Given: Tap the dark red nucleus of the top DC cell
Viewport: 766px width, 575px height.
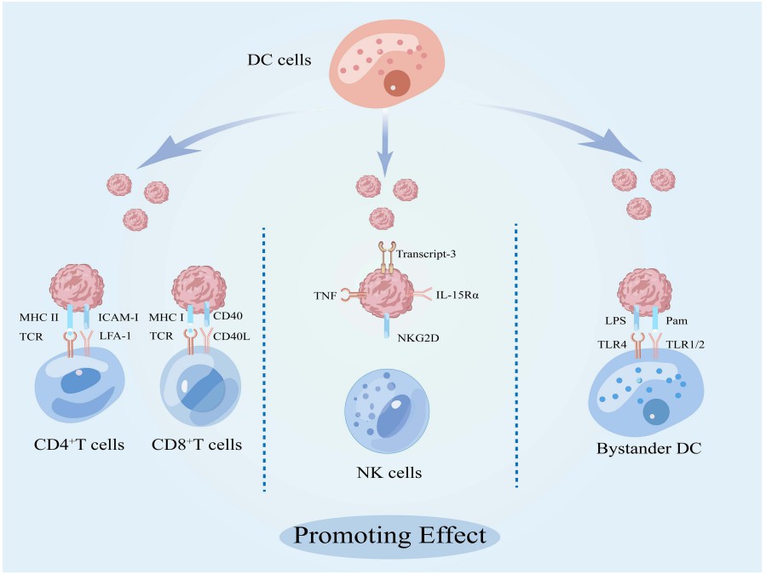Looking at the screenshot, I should click(396, 83).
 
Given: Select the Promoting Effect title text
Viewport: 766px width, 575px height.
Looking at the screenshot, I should click(390, 536).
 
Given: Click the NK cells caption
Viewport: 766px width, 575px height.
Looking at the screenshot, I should click(389, 471).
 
